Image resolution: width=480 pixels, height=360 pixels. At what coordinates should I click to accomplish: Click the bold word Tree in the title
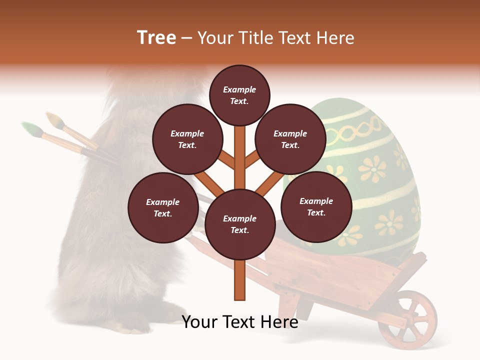tap(156, 38)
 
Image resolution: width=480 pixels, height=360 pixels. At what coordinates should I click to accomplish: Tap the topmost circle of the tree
tap(239, 95)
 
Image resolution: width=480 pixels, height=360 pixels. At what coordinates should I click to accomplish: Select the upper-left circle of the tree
tap(187, 139)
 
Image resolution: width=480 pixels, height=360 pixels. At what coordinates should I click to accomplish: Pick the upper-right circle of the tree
tap(290, 139)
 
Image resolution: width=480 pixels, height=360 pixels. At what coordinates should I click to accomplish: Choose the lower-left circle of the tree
tap(163, 208)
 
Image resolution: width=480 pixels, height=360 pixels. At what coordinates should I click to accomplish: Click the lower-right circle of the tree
tap(316, 207)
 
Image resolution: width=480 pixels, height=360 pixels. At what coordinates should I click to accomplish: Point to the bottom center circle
tap(240, 224)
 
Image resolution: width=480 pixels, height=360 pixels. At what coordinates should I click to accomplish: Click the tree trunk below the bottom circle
tap(240, 280)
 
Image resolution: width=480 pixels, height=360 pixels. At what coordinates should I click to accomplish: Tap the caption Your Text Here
tap(240, 322)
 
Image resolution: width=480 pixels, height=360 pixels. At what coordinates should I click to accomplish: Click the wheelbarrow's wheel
tap(407, 320)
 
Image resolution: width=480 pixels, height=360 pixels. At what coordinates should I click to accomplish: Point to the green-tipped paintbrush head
tap(31, 129)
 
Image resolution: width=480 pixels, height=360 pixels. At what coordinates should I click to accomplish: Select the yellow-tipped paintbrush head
tap(54, 119)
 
